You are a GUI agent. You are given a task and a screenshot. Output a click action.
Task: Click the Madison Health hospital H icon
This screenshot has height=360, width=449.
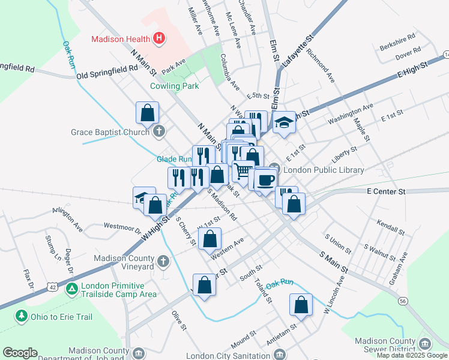(159, 39)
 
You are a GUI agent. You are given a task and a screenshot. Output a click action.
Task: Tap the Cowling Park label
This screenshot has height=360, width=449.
(174, 86)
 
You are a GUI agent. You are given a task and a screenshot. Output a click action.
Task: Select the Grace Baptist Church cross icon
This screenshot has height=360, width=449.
(159, 131)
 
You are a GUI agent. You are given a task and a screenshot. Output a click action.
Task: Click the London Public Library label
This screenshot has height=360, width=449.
(324, 170)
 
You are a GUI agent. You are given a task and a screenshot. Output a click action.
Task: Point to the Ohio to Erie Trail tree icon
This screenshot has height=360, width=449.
(22, 315)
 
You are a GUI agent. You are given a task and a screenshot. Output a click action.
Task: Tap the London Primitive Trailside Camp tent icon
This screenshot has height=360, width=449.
(71, 289)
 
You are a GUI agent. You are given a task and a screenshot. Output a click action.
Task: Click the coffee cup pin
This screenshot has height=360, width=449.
(265, 179)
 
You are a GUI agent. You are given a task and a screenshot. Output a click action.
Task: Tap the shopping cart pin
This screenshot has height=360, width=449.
(243, 172)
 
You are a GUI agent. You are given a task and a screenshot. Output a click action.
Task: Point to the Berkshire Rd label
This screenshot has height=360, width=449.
(397, 46)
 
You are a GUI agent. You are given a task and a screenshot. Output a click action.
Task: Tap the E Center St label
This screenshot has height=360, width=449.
(387, 191)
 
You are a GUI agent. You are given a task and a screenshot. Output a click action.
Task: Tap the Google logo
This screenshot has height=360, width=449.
(20, 353)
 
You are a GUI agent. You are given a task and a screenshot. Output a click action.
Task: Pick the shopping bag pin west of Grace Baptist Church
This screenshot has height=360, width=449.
(147, 112)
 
